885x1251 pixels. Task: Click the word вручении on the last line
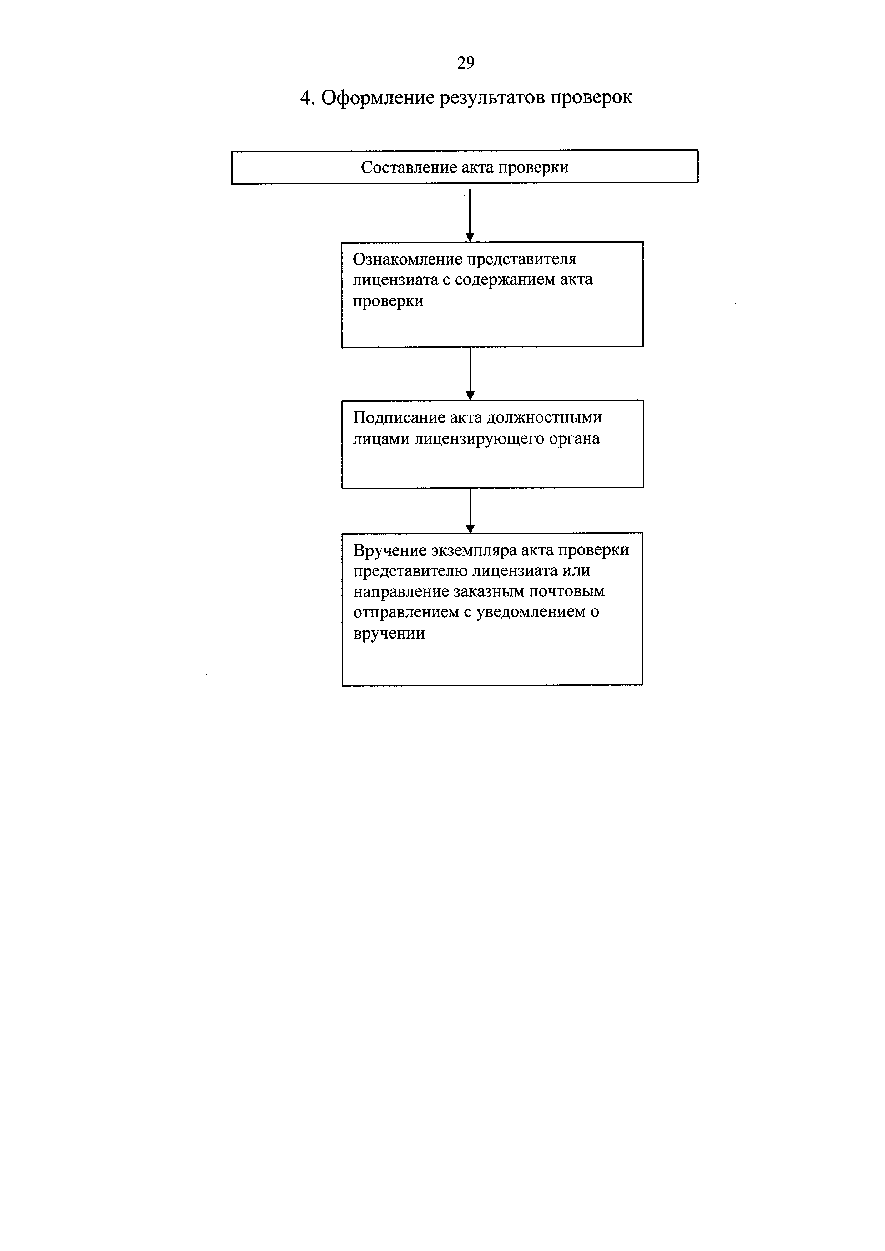(x=389, y=634)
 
